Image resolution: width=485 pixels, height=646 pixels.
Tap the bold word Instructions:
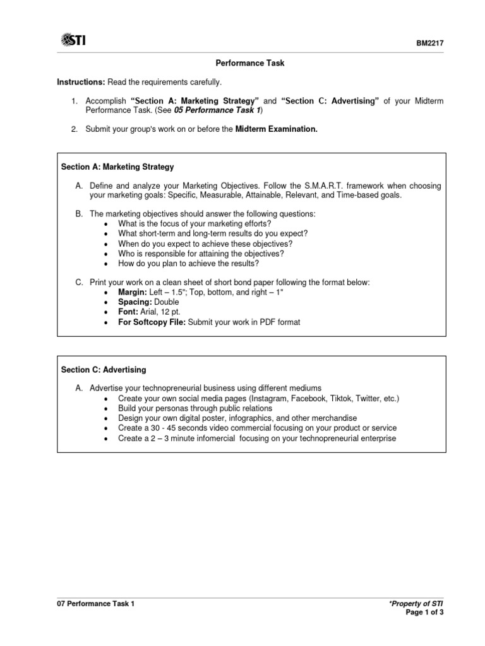pos(81,83)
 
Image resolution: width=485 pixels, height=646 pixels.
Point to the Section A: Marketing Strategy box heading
pos(117,167)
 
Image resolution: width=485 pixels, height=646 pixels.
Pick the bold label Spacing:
pos(135,303)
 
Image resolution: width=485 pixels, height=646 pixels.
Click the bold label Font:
pos(128,312)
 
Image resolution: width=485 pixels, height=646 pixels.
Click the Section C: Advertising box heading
pos(103,370)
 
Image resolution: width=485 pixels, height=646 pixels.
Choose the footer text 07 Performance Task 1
pos(96,604)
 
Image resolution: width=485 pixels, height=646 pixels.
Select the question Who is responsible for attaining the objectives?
pos(201,254)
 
